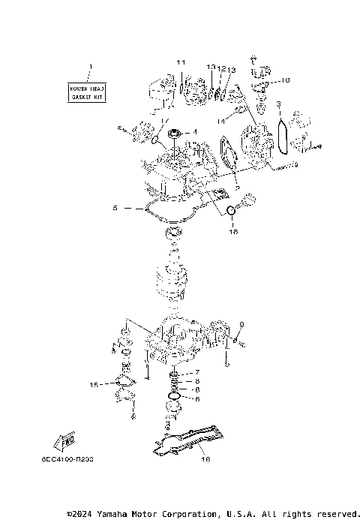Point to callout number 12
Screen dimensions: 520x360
point(222,68)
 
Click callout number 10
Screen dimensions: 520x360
point(286,80)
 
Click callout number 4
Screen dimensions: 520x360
point(196,133)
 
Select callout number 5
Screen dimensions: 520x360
point(115,208)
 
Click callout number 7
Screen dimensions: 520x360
point(196,373)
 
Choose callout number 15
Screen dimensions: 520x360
point(94,385)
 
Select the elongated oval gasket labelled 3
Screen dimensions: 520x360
point(283,137)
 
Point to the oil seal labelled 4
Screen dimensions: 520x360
point(175,136)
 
